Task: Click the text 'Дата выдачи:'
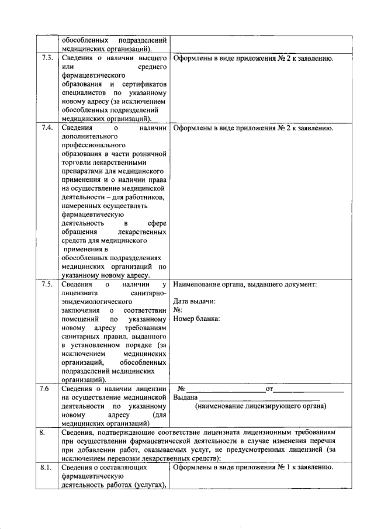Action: click(195, 302)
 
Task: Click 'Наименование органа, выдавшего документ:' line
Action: click(245, 285)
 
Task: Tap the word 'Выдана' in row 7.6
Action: click(185, 397)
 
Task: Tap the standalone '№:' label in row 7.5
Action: click(178, 310)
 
